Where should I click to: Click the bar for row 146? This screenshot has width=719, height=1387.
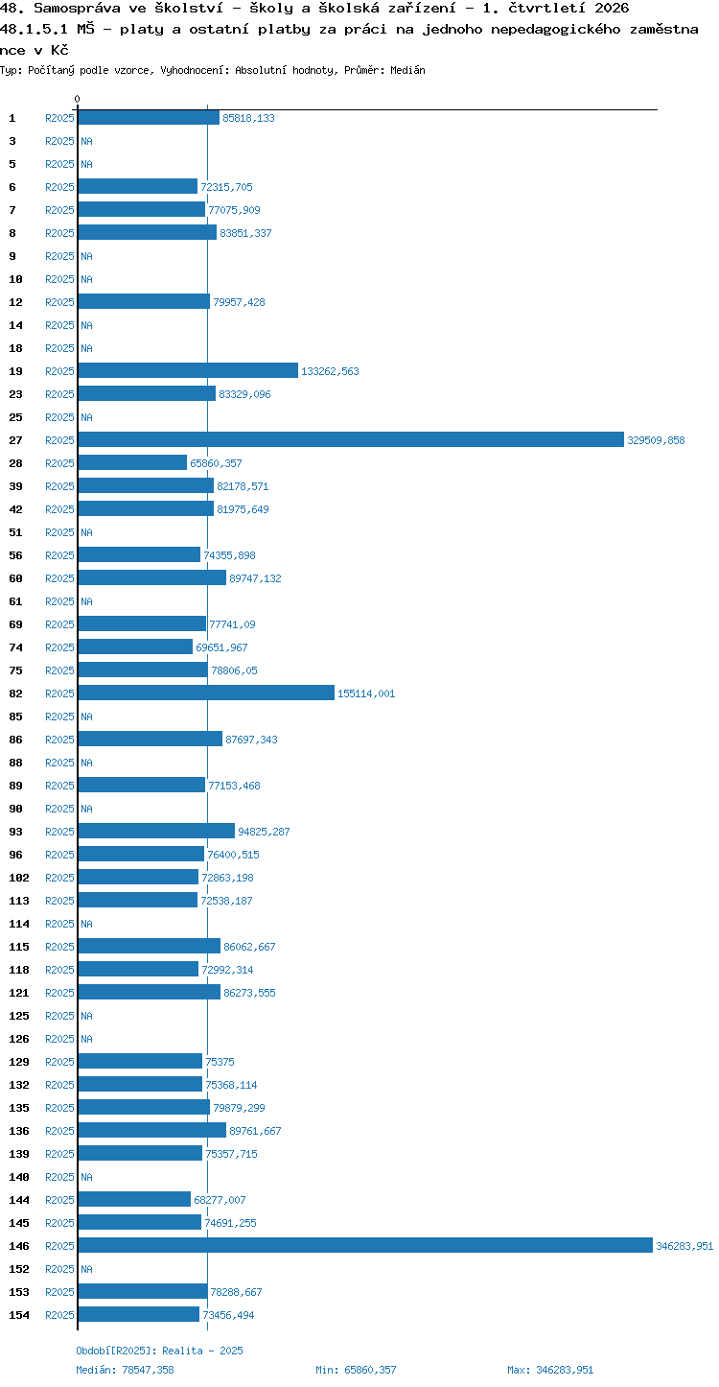coord(365,1245)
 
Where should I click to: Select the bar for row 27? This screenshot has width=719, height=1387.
coord(351,439)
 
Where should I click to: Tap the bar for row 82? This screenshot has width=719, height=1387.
coord(206,693)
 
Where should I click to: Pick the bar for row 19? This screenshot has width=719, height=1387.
coord(188,371)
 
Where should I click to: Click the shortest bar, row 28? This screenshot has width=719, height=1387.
coord(132,462)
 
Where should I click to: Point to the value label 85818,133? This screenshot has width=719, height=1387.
coord(248,118)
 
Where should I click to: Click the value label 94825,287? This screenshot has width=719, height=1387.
coord(264,832)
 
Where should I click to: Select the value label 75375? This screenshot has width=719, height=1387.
coord(220,1062)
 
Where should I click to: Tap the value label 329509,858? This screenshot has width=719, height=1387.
coord(656,440)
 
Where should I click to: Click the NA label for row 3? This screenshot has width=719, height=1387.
coord(86,141)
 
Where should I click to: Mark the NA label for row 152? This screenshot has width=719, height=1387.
coord(86,1269)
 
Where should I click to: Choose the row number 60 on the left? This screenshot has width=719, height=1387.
coord(15,578)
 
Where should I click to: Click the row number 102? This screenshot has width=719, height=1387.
coord(18,878)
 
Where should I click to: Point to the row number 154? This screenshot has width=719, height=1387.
coord(18,1314)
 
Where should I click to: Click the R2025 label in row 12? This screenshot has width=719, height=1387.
coord(59,302)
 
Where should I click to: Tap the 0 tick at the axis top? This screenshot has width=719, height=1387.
coord(77,99)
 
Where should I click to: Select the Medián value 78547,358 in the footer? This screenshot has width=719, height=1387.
coord(148,1370)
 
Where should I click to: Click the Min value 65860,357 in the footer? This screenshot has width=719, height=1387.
coord(370,1370)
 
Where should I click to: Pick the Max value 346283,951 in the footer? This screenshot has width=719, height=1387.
coord(565,1370)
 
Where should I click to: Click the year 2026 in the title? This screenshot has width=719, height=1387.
coord(612,8)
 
